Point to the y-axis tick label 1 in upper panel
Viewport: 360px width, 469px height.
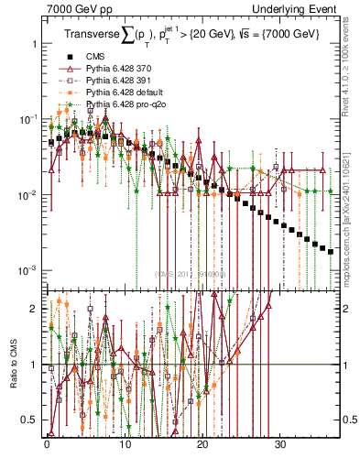(33, 44)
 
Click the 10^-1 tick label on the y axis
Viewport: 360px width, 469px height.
(27, 120)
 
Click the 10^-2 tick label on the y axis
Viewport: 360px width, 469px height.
(27, 195)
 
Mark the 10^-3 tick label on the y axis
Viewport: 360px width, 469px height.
(27, 271)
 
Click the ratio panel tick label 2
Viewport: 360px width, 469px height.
(33, 309)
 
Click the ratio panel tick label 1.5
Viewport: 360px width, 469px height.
(29, 336)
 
